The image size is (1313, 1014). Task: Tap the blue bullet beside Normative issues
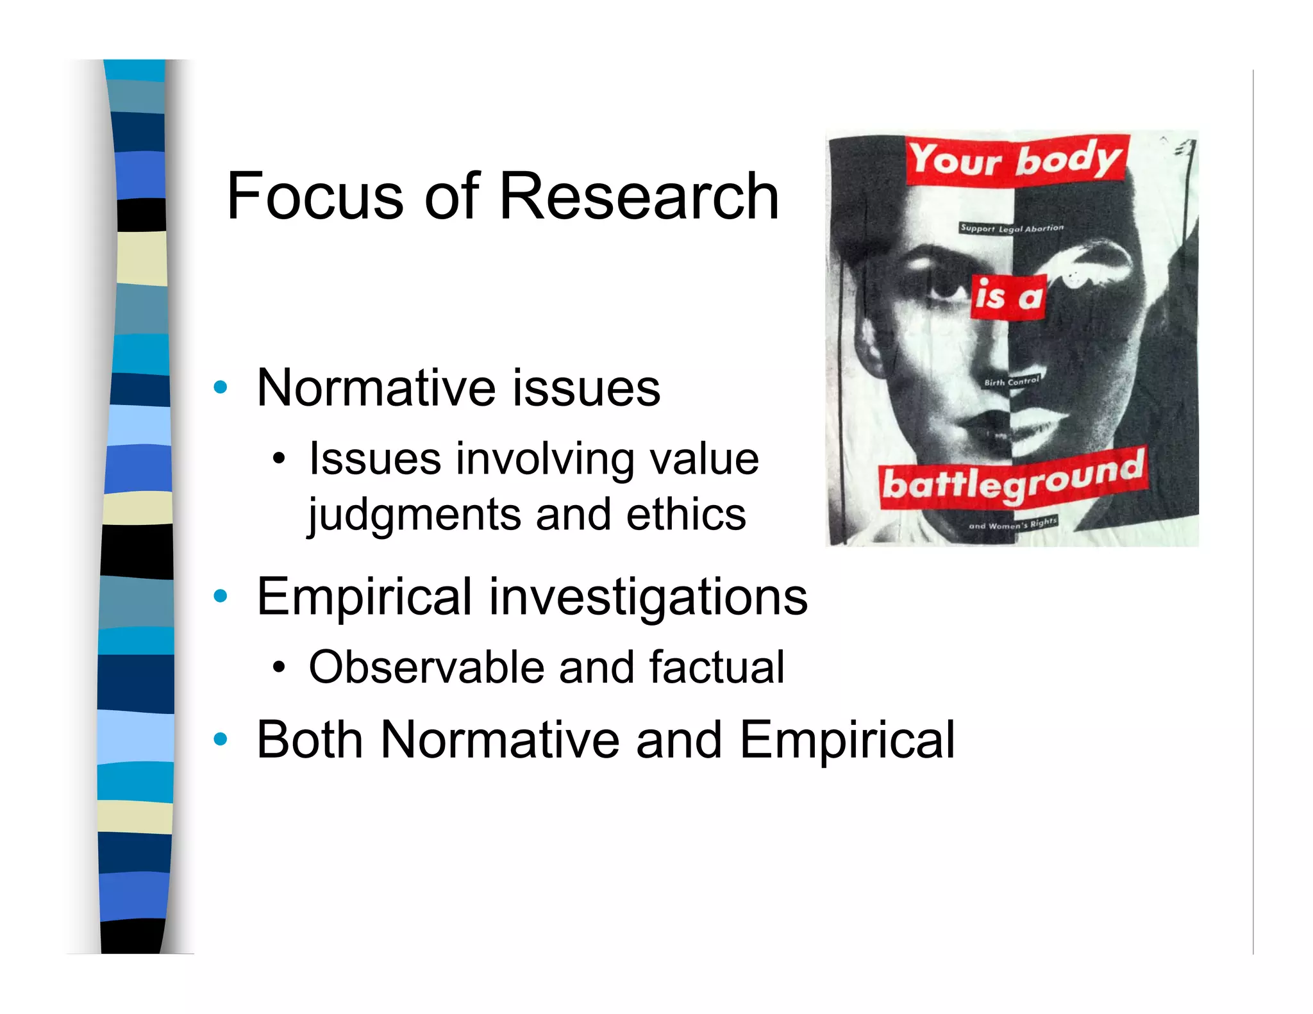coord(221,387)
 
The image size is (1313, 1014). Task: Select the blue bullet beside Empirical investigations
coord(221,596)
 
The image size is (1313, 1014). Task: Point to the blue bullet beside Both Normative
coord(221,739)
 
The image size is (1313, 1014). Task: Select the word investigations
coord(648,597)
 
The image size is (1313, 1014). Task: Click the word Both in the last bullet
coord(310,740)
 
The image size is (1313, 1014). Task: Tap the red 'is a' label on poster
coord(1008,297)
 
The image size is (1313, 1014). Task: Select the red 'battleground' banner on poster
coord(1013,479)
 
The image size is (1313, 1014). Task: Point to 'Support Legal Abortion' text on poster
coord(1012,228)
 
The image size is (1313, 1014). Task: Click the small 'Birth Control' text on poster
coord(1011,381)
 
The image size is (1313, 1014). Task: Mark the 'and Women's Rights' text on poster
coord(1012,524)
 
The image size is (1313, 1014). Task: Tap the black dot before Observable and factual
coord(278,668)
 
